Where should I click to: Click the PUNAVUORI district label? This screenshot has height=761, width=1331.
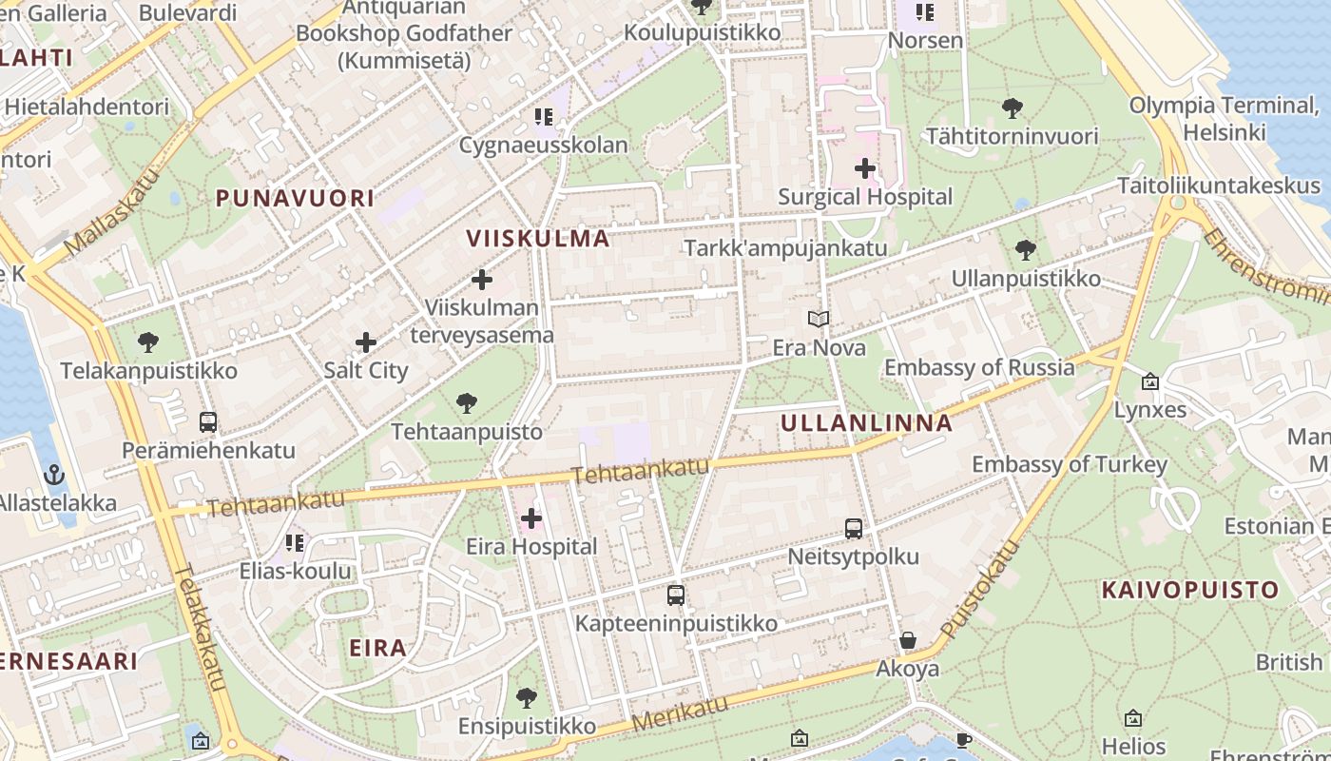coord(295,198)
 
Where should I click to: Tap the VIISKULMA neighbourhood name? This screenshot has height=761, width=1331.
coord(538,238)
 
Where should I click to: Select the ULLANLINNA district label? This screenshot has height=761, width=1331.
coord(866,422)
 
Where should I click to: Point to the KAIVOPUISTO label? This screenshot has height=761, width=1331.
coord(1189,590)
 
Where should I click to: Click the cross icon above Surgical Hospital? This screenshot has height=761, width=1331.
coord(864,168)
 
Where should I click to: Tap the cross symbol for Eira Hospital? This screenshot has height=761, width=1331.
coord(531,518)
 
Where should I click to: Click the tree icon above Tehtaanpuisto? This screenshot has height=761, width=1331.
coord(466,403)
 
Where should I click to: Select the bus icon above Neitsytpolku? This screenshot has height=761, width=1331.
coord(854,529)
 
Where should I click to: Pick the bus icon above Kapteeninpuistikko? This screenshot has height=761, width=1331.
coord(676,595)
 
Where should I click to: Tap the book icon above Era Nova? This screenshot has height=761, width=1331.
coord(819,320)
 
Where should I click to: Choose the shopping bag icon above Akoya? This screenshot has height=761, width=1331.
coord(908,640)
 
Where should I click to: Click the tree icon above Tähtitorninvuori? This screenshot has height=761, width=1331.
coord(1013,108)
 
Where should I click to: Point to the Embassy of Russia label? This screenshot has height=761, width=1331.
coord(979,367)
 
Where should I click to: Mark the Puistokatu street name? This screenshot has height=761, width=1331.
coord(980,590)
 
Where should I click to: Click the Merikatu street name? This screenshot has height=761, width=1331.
coord(681,712)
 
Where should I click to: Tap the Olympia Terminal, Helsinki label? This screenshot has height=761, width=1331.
coord(1223,118)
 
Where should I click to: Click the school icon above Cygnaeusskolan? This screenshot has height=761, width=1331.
coord(543,117)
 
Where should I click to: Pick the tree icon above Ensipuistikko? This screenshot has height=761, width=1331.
coord(527,698)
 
